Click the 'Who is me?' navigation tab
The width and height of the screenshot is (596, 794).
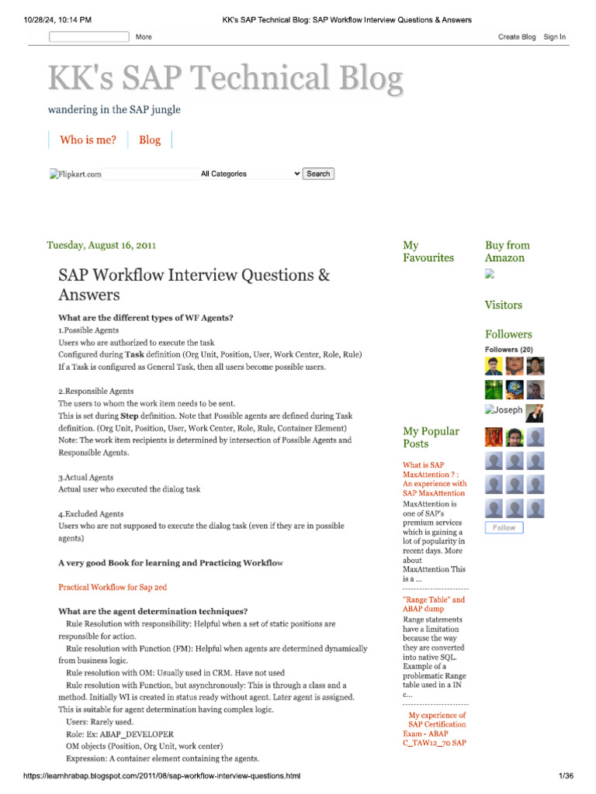click(x=88, y=140)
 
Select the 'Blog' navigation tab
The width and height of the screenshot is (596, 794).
click(x=150, y=140)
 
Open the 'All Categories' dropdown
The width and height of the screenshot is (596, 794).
click(x=250, y=174)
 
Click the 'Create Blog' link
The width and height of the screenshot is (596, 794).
click(x=517, y=36)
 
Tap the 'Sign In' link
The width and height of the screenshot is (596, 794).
click(x=554, y=36)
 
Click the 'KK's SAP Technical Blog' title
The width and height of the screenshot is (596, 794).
click(x=225, y=79)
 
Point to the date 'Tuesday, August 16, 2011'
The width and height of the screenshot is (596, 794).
click(x=102, y=245)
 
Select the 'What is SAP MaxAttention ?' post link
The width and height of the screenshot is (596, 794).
click(x=434, y=478)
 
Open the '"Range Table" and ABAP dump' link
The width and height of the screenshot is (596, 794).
click(x=434, y=604)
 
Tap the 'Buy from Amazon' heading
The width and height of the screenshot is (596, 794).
click(x=507, y=251)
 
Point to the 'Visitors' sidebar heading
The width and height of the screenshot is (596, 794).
click(x=504, y=305)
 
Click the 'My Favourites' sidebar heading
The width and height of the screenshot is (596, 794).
click(x=428, y=251)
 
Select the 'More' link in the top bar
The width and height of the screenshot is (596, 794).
click(x=144, y=36)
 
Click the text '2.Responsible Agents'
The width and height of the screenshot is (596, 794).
click(x=96, y=392)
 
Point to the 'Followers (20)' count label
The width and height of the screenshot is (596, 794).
click(x=508, y=350)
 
